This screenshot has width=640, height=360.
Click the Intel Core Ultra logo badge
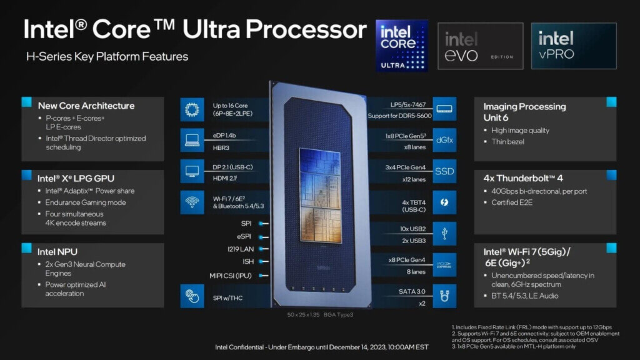tap(402, 45)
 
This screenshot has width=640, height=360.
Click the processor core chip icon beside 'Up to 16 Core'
tap(191, 109)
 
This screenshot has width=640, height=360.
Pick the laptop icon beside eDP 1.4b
tap(191, 140)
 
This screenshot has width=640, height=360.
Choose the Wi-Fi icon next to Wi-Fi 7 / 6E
tap(191, 202)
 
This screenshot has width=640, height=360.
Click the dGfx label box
tap(445, 140)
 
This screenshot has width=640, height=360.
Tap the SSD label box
tap(445, 171)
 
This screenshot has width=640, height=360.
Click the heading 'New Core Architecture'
tap(86, 106)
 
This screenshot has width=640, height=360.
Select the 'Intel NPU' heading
tap(57, 252)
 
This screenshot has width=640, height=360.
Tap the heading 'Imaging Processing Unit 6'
tap(524, 112)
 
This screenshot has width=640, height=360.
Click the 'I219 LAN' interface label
tap(238, 249)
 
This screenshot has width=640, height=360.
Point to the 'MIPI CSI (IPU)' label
tap(231, 275)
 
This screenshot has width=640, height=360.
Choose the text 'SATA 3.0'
tap(412, 291)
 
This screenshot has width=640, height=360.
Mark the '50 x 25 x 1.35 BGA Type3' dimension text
tap(319, 314)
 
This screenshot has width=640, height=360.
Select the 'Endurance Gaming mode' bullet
tap(86, 202)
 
